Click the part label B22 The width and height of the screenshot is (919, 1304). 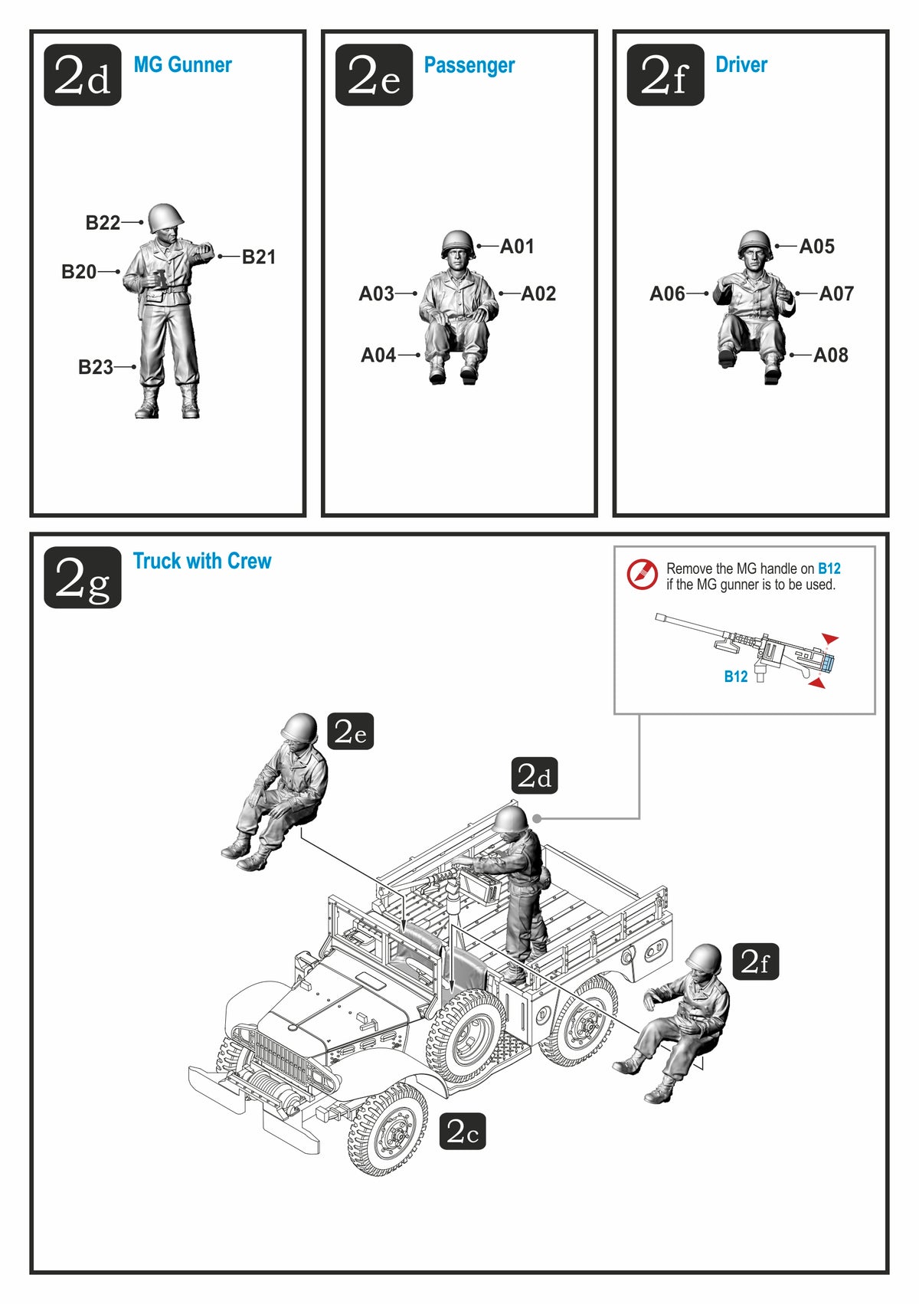click(x=103, y=222)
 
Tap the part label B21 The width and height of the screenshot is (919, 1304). click(x=258, y=257)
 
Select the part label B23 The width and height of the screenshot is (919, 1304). click(x=96, y=367)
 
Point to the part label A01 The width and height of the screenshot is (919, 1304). click(x=517, y=246)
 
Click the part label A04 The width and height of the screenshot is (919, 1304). click(x=378, y=355)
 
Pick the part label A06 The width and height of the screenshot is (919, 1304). click(x=668, y=293)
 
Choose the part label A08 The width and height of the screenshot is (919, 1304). click(x=830, y=355)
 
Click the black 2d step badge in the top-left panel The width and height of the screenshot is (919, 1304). click(x=83, y=75)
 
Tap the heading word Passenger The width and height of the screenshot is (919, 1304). click(x=469, y=66)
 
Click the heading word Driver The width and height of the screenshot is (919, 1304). click(x=741, y=64)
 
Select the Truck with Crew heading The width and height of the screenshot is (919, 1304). click(x=202, y=561)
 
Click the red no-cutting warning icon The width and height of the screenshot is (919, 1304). click(x=641, y=575)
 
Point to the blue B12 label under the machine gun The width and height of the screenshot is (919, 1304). click(x=736, y=677)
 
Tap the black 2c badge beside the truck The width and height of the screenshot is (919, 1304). click(x=462, y=1132)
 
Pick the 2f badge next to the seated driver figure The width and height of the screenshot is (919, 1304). click(x=755, y=962)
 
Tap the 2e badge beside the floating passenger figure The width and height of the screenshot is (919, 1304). click(x=351, y=731)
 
